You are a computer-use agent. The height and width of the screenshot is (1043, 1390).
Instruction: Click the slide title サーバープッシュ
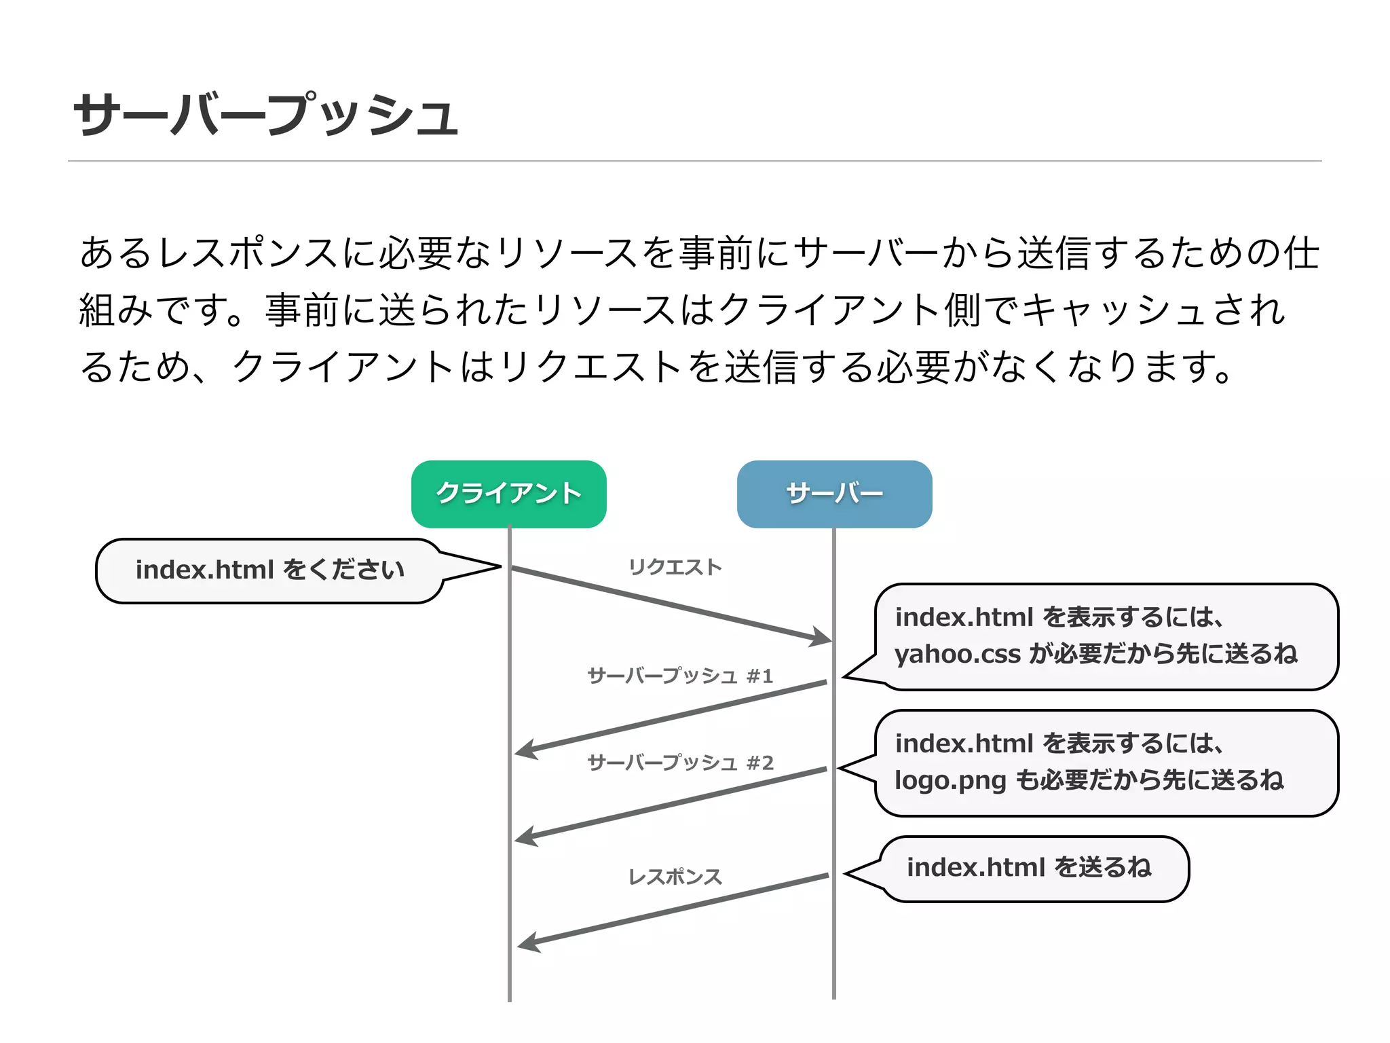(266, 114)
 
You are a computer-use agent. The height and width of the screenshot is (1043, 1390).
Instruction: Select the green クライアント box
(508, 494)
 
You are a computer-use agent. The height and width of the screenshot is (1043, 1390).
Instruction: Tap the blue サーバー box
(834, 494)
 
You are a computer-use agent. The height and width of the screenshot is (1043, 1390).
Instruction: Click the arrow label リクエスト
(675, 567)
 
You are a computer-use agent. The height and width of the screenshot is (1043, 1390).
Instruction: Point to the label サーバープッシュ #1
(680, 676)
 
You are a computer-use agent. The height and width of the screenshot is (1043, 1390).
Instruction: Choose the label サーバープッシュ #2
(680, 763)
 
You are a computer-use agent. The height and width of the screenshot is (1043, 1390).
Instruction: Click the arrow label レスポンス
(675, 877)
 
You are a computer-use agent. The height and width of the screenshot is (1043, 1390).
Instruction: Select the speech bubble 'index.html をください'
(269, 570)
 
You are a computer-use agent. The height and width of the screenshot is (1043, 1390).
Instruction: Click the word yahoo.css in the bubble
(958, 654)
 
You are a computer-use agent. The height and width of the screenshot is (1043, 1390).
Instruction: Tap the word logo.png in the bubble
(950, 780)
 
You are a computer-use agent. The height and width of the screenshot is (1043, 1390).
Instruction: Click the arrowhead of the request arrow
(821, 638)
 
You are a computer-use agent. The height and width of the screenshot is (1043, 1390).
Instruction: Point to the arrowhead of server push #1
(526, 750)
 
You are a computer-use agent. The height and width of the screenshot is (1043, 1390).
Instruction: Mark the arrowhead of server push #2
(526, 837)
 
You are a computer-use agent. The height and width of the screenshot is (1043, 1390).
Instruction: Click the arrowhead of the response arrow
(529, 943)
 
